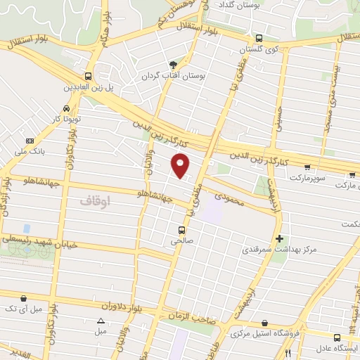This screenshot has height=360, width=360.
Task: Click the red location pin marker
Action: click(x=181, y=164)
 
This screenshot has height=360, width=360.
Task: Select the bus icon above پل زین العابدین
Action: click(x=88, y=76)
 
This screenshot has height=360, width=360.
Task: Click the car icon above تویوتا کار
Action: click(x=65, y=109)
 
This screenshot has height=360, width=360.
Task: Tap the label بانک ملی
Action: click(x=31, y=150)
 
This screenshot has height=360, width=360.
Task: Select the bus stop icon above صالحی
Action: click(x=182, y=229)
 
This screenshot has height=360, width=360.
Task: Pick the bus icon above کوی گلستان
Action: click(x=259, y=39)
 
